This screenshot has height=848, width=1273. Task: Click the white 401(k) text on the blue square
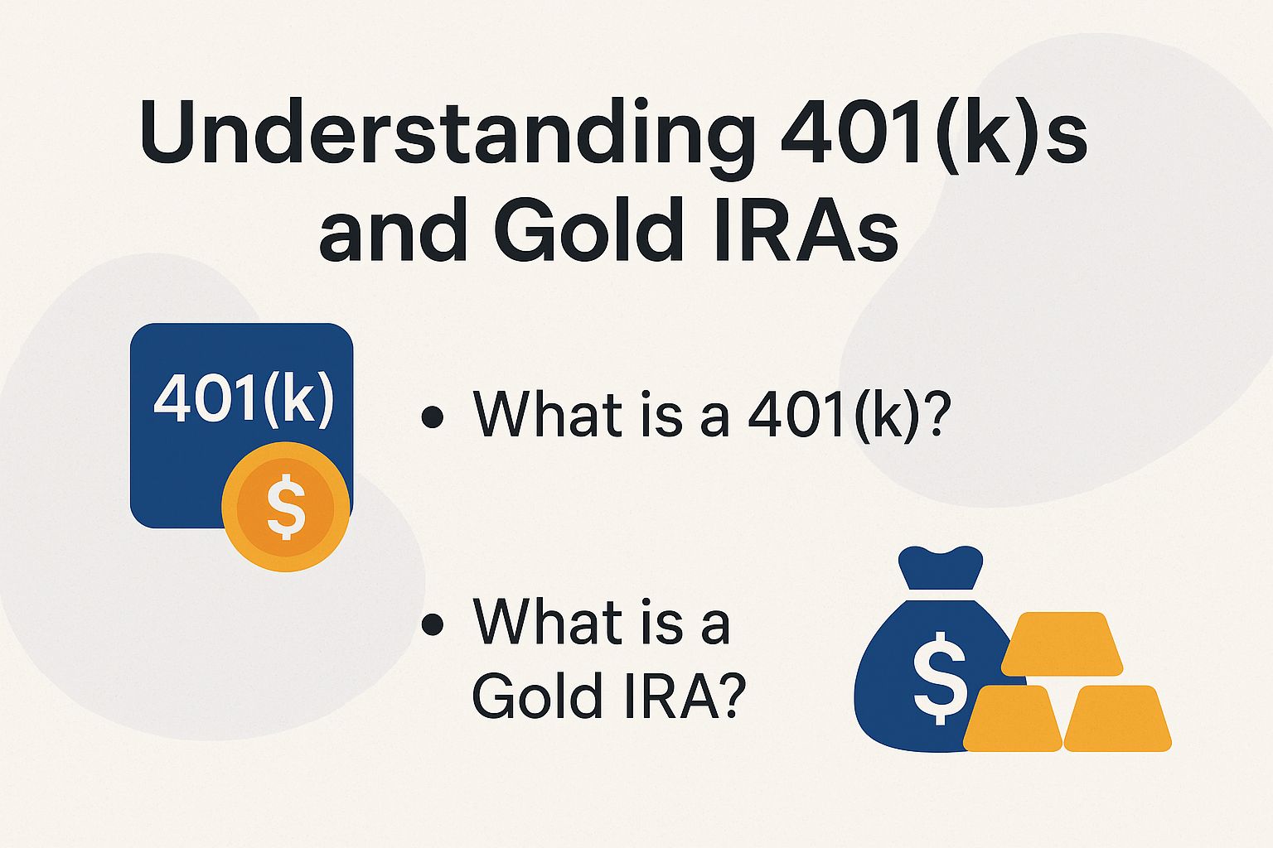click(x=243, y=398)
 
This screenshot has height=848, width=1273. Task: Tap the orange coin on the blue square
click(x=286, y=507)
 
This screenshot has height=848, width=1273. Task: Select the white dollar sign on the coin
click(x=286, y=507)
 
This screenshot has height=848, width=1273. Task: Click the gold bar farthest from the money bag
click(x=1117, y=719)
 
